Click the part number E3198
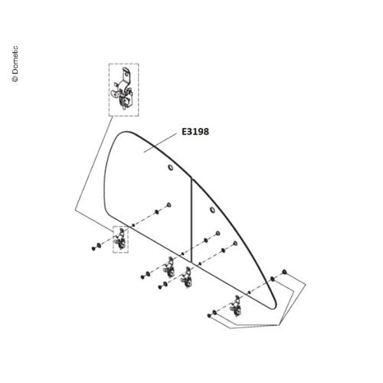[195, 132]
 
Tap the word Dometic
[15, 60]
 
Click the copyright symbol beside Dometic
[15, 79]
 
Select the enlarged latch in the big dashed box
[124, 90]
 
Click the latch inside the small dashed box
[120, 239]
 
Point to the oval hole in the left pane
[170, 168]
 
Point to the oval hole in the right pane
[212, 210]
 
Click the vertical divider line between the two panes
[191, 221]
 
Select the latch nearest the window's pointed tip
[235, 306]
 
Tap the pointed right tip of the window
[275, 308]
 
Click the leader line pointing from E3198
[160, 142]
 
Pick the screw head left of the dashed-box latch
[93, 248]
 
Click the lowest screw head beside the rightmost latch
[209, 316]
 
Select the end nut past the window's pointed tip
[284, 271]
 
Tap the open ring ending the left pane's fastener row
[169, 205]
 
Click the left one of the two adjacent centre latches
[169, 267]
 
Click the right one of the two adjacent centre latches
[186, 277]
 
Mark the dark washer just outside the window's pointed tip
[273, 279]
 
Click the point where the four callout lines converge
[278, 325]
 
